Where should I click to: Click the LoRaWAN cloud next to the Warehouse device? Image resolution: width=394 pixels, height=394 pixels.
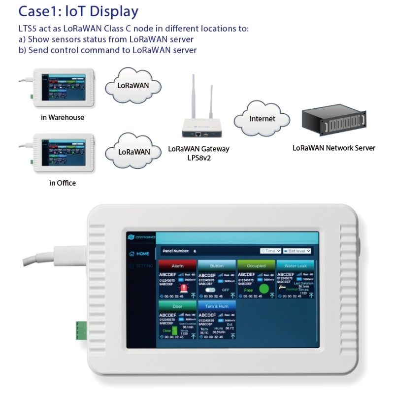pyautogui.click(x=133, y=85)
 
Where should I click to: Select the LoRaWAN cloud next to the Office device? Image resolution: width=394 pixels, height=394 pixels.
pyautogui.click(x=134, y=151)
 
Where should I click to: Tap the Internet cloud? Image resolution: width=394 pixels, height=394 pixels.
pyautogui.click(x=262, y=119)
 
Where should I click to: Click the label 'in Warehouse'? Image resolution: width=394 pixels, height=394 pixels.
pyautogui.click(x=63, y=118)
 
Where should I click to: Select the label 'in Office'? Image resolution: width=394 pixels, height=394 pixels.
pyautogui.click(x=63, y=183)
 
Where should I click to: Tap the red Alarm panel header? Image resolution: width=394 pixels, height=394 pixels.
pyautogui.click(x=177, y=265)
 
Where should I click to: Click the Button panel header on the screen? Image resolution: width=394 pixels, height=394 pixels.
pyautogui.click(x=216, y=265)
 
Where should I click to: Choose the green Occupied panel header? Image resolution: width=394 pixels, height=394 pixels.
pyautogui.click(x=256, y=265)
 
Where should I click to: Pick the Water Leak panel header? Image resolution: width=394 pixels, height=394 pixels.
pyautogui.click(x=295, y=265)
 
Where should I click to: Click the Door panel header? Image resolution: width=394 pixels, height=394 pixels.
pyautogui.click(x=177, y=306)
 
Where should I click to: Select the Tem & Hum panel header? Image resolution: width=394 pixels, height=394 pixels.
pyautogui.click(x=216, y=306)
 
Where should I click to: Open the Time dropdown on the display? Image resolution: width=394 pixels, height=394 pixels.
pyautogui.click(x=270, y=251)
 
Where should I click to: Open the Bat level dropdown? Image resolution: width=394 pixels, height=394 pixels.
pyautogui.click(x=297, y=251)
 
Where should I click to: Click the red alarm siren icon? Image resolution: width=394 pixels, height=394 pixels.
pyautogui.click(x=184, y=289)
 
